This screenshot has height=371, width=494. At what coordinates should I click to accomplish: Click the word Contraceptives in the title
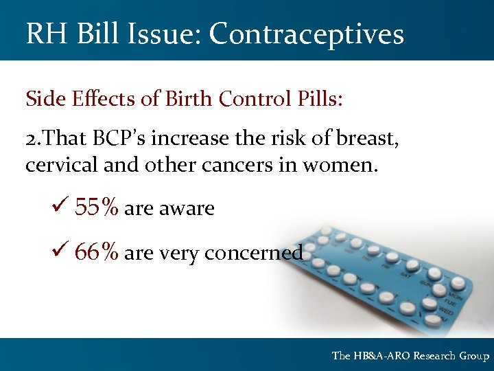(307, 33)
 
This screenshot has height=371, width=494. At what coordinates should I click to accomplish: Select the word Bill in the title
(91, 33)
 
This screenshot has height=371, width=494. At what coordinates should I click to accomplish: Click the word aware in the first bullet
(186, 208)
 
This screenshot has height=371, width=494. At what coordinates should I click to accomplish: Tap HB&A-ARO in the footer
(375, 356)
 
